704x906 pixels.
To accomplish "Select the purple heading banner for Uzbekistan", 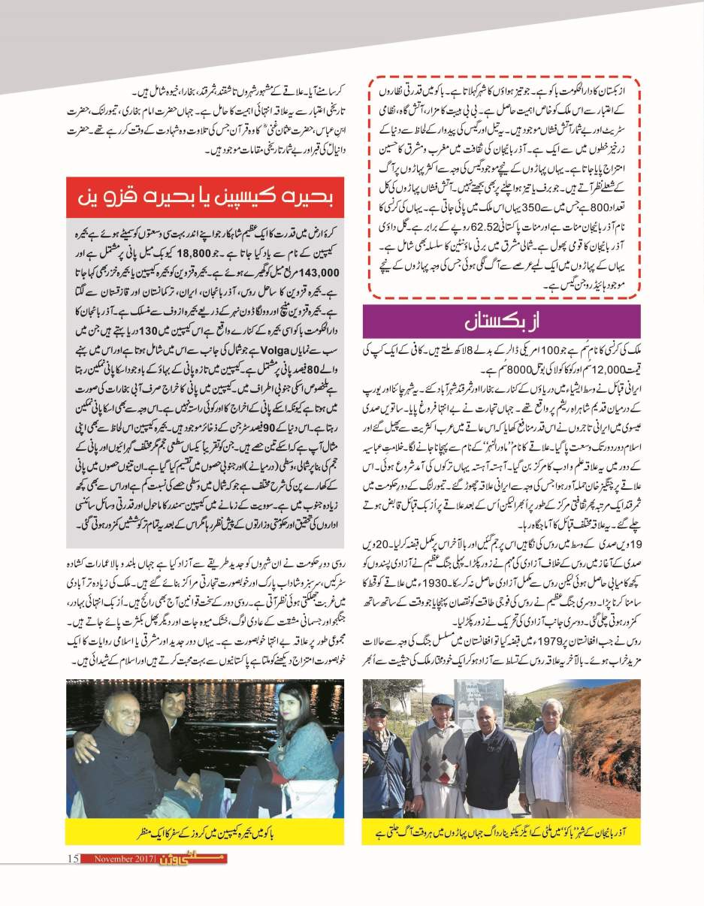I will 501,322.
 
